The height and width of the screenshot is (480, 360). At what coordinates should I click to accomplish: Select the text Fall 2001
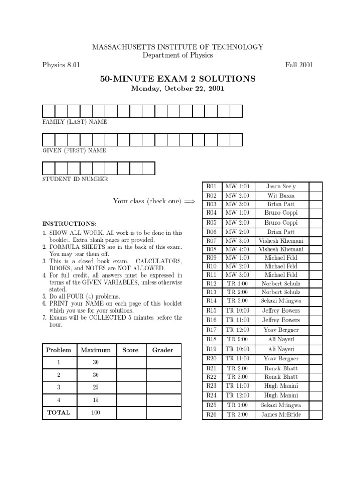(299, 65)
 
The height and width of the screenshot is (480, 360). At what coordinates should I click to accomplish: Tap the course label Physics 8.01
(61, 65)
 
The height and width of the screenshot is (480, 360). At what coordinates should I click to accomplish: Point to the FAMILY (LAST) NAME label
(75, 122)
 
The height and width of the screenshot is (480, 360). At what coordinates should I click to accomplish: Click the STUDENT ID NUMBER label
(75, 179)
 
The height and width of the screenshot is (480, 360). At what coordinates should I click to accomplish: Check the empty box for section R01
(315, 187)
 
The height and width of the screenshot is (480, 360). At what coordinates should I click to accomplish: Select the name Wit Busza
(281, 195)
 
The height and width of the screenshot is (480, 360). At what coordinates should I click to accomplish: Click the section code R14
(211, 300)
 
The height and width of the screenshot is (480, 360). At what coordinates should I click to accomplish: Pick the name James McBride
(281, 414)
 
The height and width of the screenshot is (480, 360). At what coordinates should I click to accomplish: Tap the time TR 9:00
(237, 339)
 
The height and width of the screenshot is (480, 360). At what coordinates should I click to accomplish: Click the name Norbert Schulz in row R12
(281, 284)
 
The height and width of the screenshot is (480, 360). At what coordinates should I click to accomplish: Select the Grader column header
(163, 350)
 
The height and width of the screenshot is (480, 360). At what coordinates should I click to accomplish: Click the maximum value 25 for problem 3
(96, 388)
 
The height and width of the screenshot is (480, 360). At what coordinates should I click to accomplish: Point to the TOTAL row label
(58, 412)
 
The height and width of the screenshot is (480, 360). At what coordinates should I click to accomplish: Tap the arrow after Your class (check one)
(189, 201)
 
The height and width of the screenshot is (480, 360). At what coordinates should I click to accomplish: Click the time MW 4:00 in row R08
(237, 249)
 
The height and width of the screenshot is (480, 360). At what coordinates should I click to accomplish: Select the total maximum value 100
(96, 413)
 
